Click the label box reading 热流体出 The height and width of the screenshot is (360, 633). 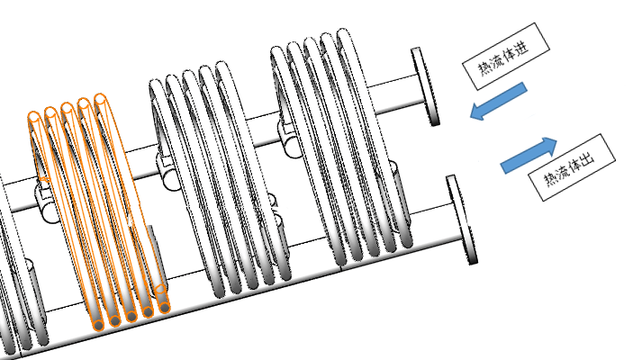tap(571, 166)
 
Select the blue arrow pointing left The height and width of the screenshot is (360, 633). tap(498, 101)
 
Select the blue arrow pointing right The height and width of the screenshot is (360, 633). tap(529, 156)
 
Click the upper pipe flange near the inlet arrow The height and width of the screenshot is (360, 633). tap(424, 86)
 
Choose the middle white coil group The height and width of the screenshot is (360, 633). tap(216, 180)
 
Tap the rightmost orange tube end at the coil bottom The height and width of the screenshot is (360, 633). tap(164, 309)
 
